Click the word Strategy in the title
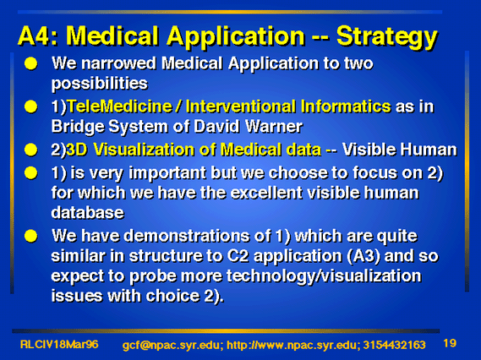(x=387, y=37)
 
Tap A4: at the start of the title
(x=38, y=35)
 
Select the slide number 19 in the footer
(x=450, y=343)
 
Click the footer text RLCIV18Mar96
(x=59, y=344)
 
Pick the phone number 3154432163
(x=395, y=345)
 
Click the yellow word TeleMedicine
(x=119, y=106)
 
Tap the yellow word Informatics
(x=346, y=106)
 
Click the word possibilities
(x=100, y=84)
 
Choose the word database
(x=88, y=212)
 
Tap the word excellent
(x=266, y=193)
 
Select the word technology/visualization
(x=324, y=276)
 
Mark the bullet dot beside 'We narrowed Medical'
(x=30, y=63)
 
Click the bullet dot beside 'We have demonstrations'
(x=30, y=236)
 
